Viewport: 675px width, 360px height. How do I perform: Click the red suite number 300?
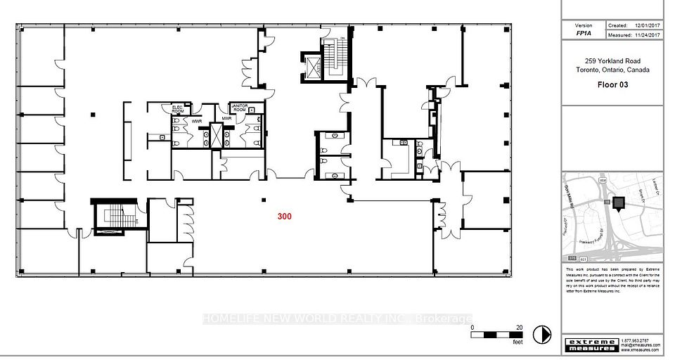pos(284,217)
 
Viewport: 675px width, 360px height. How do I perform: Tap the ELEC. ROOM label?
pos(178,109)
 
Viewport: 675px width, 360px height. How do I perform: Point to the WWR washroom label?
pos(198,121)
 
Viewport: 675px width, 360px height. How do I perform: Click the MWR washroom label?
pos(226,118)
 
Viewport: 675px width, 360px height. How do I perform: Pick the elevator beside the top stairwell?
pos(309,63)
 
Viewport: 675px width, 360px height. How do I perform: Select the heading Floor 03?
pos(612,85)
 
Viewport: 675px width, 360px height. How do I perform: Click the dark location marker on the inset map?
pos(619,204)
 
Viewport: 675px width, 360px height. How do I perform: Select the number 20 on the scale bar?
pos(519,328)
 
